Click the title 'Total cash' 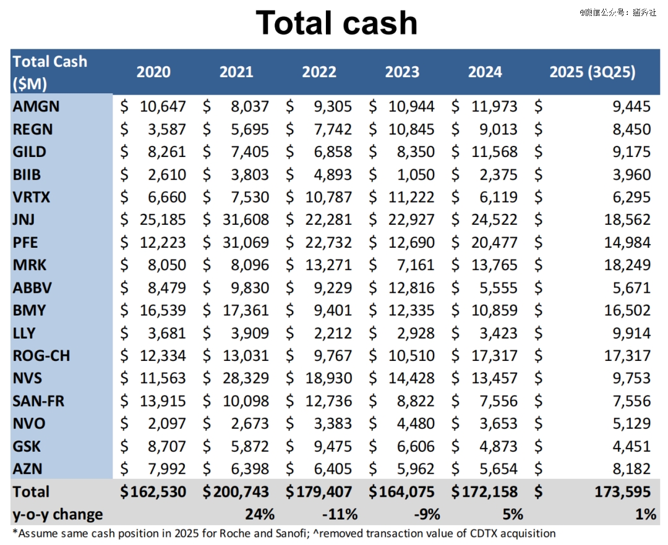tap(336, 23)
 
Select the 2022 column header tap(319, 72)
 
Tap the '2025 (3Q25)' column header tap(593, 72)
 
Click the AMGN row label tap(36, 106)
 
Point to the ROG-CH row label tap(42, 355)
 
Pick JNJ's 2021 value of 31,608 tap(246, 219)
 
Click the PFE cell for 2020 tap(163, 242)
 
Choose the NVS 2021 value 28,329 tap(246, 378)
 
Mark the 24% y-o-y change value tap(260, 514)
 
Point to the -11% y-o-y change tap(340, 514)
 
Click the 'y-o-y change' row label tap(58, 514)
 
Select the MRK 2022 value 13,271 tap(328, 265)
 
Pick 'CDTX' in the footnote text tap(482, 533)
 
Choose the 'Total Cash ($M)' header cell tap(50, 72)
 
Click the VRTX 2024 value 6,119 tap(494, 197)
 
